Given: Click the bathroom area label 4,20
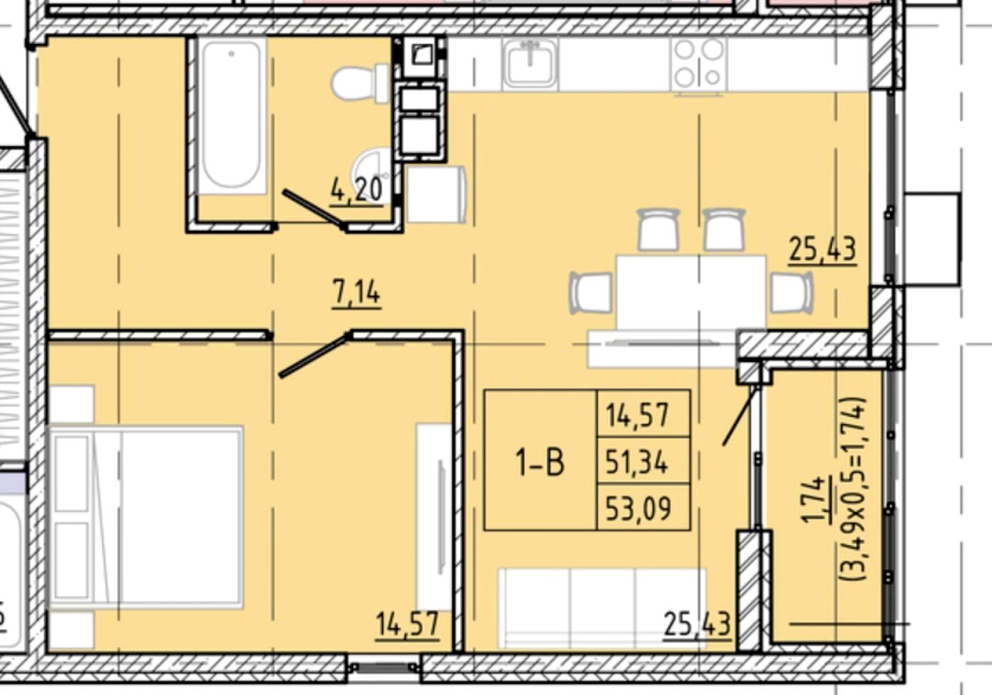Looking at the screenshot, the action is pos(356,191).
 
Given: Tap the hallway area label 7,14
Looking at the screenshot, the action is pos(356,294).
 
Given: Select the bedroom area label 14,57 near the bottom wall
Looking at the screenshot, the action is pos(407,625).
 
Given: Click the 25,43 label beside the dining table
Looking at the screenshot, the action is pos(823,250).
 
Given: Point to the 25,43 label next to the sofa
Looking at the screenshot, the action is pos(697,625).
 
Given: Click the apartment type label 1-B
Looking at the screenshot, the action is pos(540,462).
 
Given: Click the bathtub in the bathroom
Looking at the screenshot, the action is pos(231,116).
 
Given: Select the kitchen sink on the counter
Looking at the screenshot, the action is pos(530,63).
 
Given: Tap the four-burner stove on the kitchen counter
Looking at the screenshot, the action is pos(699,65).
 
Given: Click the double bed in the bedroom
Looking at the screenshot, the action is pos(146,517).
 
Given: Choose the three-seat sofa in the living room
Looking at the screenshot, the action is pos(602,608).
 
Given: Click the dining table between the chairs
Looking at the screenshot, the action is pos(691,291).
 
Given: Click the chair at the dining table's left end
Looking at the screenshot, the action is pos(591,292).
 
